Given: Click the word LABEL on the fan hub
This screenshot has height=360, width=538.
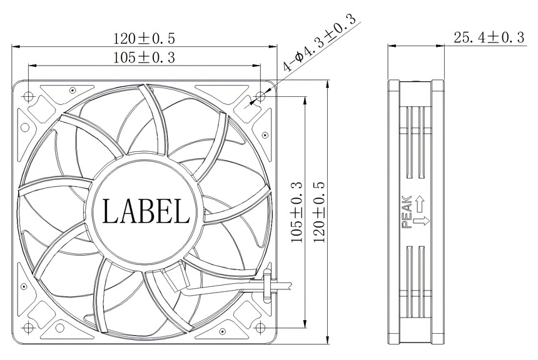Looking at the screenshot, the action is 146,211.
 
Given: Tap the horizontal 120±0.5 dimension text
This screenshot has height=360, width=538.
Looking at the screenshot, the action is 144,38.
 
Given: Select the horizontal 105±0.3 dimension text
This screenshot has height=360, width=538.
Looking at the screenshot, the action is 144,57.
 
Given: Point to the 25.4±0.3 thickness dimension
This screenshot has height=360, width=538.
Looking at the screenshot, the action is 489,37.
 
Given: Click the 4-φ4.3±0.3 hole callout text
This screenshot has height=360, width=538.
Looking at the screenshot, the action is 319,43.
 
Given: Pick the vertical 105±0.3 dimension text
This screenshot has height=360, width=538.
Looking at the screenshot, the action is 297,212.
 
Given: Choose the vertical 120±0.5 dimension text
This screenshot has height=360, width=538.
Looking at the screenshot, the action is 319,212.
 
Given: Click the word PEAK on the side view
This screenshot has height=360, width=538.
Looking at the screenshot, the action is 407,211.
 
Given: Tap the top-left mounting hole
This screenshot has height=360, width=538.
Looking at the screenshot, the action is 28,97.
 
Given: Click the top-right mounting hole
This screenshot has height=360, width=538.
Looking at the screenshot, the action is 261,97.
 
